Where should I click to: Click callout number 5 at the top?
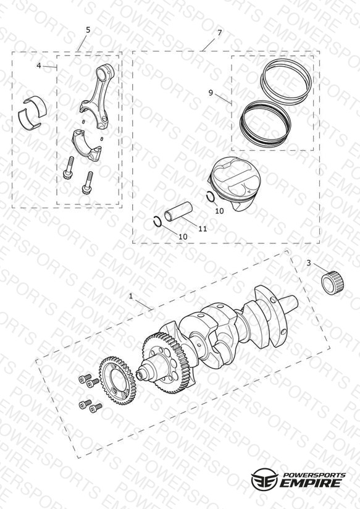[88, 30]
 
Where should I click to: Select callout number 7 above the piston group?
[220, 33]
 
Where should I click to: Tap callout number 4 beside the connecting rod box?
[39, 66]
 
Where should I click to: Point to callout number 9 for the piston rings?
[211, 93]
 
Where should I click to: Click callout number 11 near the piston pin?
[203, 229]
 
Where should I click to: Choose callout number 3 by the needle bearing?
[309, 263]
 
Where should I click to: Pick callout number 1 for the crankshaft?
[131, 296]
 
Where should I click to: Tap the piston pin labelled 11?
[178, 212]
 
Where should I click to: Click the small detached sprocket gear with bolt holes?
[117, 380]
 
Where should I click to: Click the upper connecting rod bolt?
[69, 167]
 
